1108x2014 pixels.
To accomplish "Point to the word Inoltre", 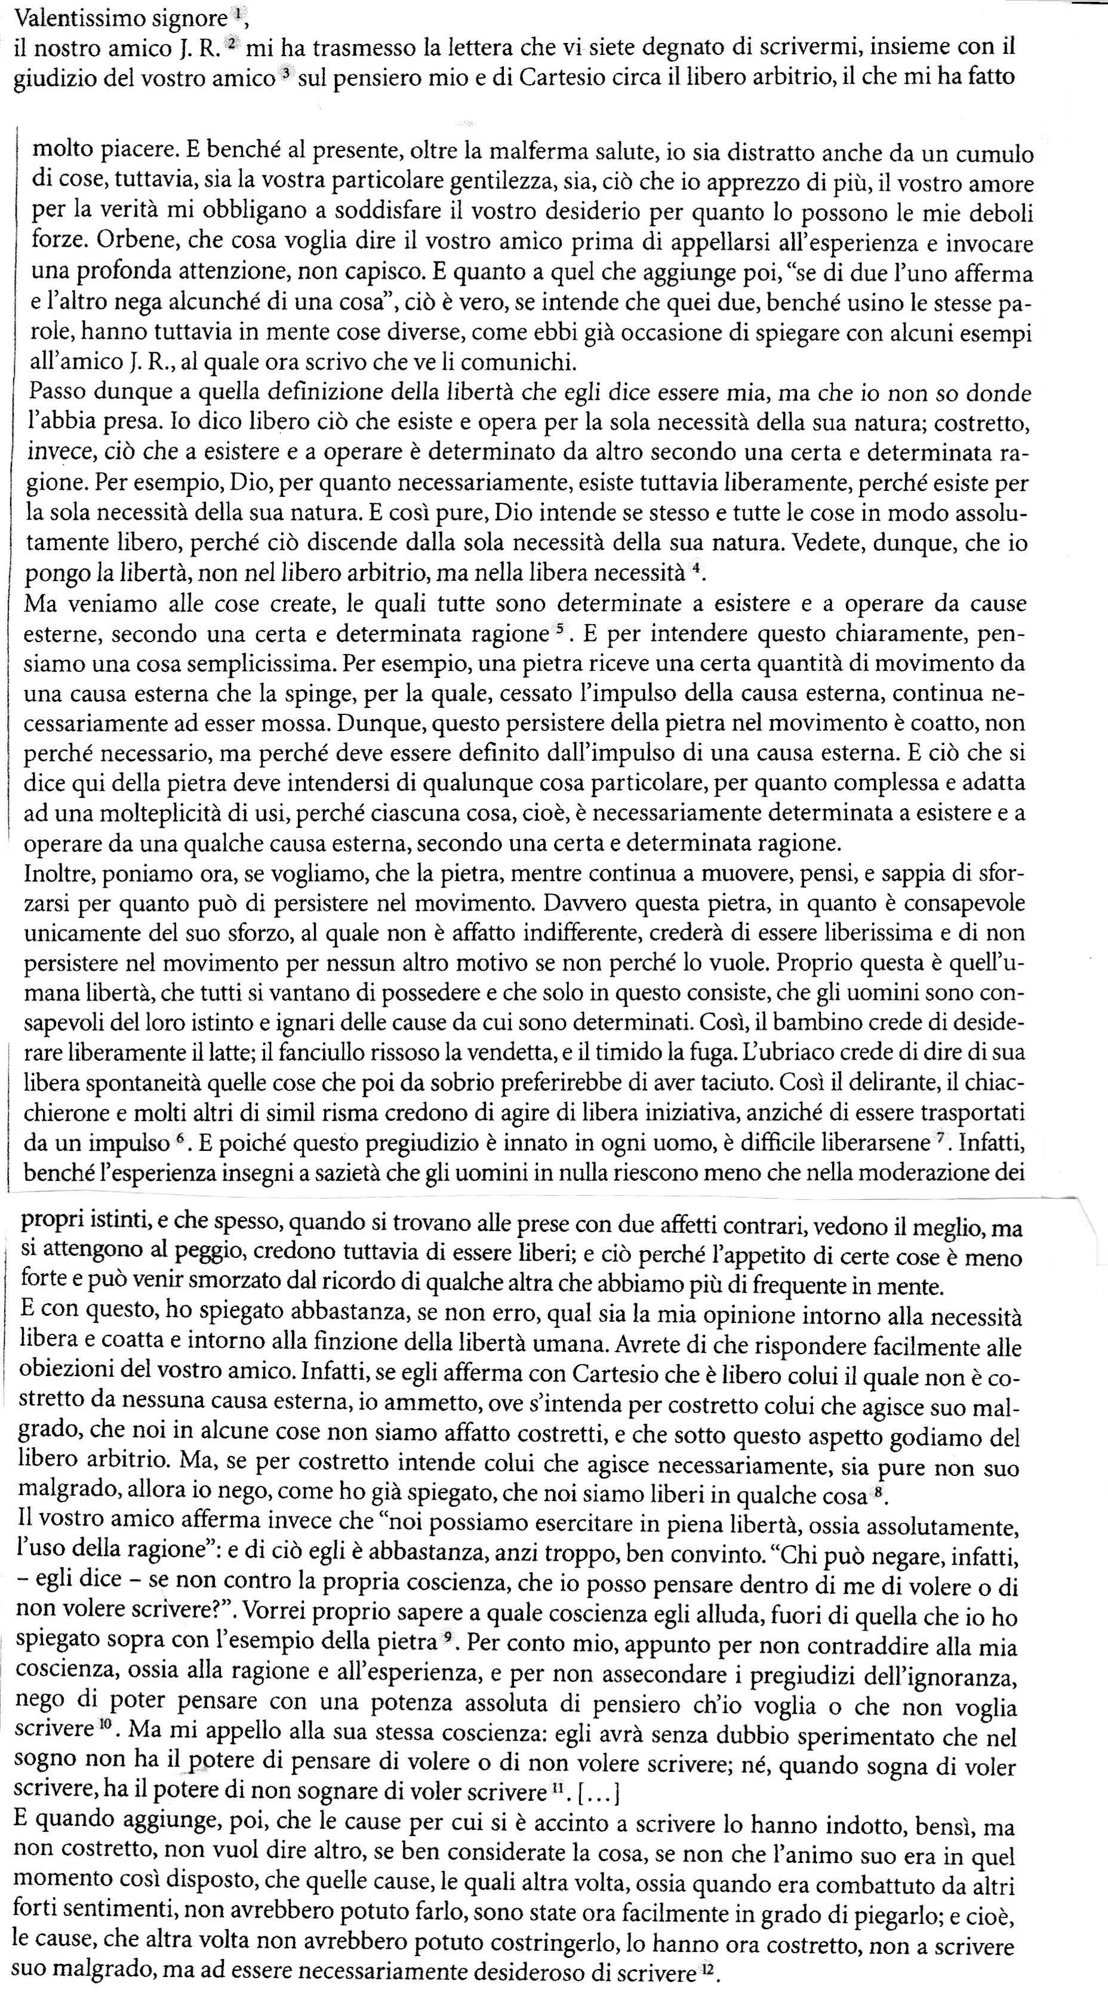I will click(x=56, y=873).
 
